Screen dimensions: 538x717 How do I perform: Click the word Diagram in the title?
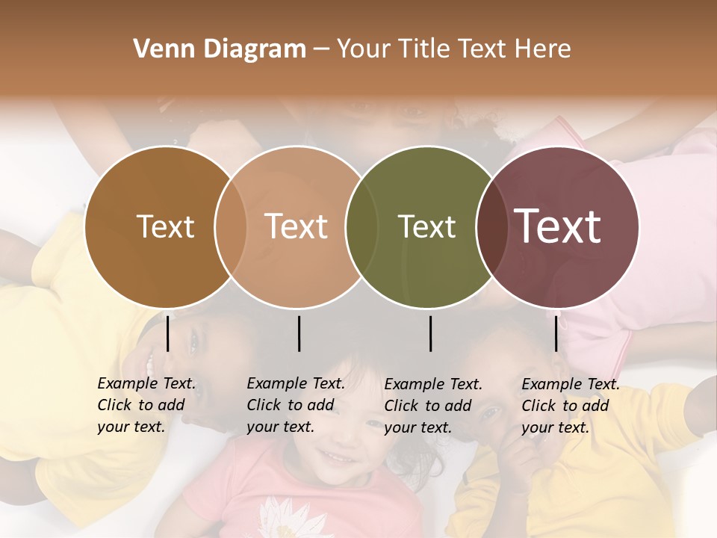(255, 49)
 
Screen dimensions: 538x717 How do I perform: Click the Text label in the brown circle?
(165, 227)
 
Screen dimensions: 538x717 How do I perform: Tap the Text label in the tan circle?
(296, 226)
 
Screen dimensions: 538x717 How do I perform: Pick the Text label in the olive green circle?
(426, 227)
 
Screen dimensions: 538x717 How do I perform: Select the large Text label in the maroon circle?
(558, 226)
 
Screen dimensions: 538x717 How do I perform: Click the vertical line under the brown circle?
(167, 333)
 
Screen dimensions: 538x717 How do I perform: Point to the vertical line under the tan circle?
(299, 333)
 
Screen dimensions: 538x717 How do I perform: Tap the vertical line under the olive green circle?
(430, 333)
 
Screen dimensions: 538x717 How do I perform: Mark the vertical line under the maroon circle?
(556, 333)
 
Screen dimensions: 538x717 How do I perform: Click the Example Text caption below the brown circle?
(146, 405)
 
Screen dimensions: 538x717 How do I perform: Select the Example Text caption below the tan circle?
(296, 405)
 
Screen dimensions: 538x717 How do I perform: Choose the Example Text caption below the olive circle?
(433, 406)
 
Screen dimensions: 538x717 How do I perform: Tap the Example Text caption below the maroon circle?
(571, 406)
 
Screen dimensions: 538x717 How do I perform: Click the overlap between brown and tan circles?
(231, 227)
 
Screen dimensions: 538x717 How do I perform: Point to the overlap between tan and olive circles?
(361, 227)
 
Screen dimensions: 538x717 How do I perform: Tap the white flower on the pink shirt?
(282, 516)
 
